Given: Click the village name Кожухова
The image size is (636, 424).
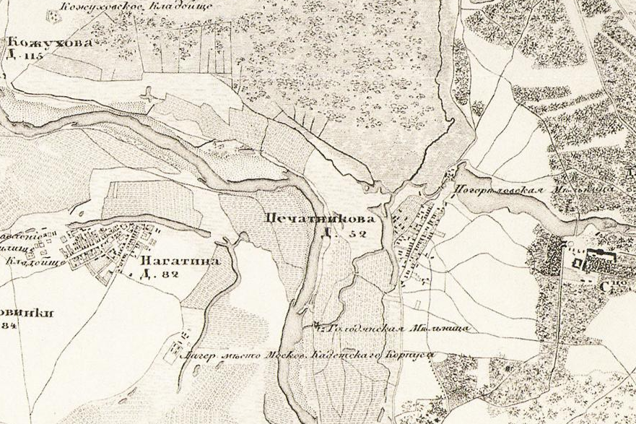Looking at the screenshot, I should [51, 43].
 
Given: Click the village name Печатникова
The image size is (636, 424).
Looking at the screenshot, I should [321, 217].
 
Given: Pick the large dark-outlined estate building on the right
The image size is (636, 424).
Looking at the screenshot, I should [599, 256].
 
